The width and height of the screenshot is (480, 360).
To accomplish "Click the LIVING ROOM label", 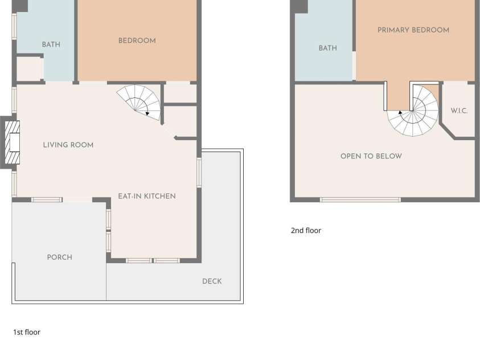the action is [68, 145].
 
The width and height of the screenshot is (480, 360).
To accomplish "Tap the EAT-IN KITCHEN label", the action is [147, 196].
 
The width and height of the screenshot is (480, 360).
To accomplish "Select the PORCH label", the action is [60, 257].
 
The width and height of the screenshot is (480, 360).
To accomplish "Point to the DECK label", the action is [212, 281].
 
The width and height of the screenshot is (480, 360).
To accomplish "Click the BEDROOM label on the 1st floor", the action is [137, 40].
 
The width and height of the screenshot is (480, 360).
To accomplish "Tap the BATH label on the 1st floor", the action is [51, 44].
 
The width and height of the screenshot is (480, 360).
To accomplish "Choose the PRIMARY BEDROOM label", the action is [413, 30].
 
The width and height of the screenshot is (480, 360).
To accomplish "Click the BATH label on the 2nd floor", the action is [328, 48].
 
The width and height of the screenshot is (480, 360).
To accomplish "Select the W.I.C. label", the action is [459, 111].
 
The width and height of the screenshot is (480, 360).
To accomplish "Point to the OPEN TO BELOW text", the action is [371, 156].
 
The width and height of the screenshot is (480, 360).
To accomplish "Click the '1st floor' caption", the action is [27, 332].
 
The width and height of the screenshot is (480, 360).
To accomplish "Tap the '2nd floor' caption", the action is [306, 231].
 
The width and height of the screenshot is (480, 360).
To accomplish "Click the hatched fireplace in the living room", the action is [13, 142].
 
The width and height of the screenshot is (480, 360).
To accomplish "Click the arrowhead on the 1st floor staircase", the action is [147, 113].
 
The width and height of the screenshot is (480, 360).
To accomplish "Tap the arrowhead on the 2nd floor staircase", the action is [400, 112].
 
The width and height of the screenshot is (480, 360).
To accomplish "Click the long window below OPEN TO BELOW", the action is [360, 200].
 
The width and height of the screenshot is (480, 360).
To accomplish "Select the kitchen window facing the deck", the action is [199, 173].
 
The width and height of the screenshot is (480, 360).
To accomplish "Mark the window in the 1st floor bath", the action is [14, 26].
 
